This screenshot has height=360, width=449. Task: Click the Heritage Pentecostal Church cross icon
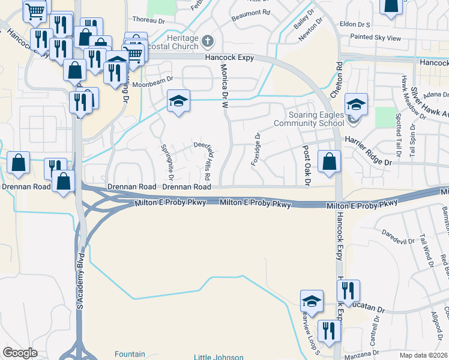(x=208, y=41)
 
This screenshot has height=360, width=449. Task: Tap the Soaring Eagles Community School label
(x=309, y=119)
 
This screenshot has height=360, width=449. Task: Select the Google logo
(x=20, y=353)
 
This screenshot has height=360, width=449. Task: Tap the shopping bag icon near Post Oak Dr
(x=329, y=162)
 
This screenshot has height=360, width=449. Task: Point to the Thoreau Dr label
(x=148, y=20)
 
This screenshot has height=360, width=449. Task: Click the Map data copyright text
(x=424, y=355)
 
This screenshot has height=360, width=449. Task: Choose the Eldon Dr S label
(x=355, y=25)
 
